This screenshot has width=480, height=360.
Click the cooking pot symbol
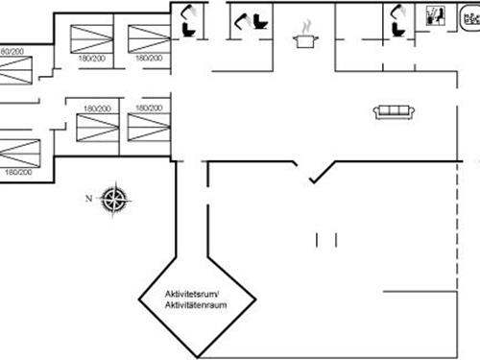click(306, 39)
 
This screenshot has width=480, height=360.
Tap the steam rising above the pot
click(306, 24)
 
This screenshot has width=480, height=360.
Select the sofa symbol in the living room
click(394, 111)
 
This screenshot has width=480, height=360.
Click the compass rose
click(114, 199)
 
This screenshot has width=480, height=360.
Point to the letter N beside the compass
click(88, 199)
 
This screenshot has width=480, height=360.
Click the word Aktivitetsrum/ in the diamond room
click(193, 293)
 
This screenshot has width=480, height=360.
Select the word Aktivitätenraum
click(195, 304)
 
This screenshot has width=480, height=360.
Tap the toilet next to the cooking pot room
click(259, 21)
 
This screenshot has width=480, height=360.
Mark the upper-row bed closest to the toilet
click(150, 38)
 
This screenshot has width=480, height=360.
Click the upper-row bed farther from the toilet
click(94, 38)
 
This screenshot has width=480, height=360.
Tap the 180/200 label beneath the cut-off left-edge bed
click(18, 172)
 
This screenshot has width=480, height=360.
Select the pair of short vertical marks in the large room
click(326, 238)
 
